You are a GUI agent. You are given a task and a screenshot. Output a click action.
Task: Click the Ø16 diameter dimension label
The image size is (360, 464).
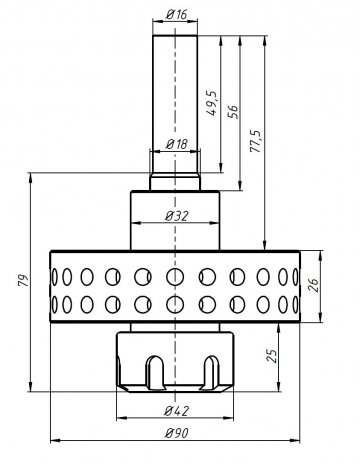176,15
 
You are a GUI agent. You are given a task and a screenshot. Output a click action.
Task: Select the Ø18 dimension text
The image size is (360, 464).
176,144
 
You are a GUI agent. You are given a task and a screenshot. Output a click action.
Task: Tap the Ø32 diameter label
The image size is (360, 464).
177,216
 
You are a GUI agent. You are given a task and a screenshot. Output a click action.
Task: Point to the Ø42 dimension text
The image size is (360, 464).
177,411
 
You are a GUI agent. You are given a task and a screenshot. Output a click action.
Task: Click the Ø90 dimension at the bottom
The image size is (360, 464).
177,433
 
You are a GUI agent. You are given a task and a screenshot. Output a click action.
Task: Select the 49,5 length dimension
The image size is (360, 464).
212,103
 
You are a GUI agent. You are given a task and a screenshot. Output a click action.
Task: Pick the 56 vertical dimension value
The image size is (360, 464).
233,112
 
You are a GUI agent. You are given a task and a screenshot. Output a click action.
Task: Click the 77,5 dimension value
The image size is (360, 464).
256,140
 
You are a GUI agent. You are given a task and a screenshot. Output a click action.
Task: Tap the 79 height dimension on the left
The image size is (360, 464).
23,280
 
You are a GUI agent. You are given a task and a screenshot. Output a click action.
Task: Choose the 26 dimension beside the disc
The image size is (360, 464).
313,285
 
